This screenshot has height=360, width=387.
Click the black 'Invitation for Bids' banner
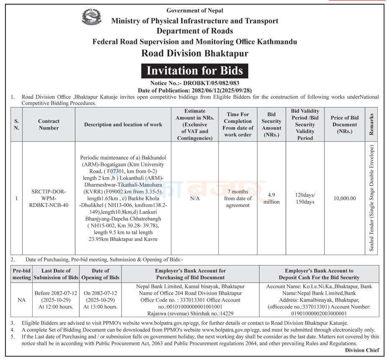click(194, 71)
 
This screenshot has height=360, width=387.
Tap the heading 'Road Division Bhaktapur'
click(195, 54)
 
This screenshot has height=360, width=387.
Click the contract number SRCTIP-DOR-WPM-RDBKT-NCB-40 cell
click(48, 199)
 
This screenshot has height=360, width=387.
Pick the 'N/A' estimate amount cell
click(195, 199)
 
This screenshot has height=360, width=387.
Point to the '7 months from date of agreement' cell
click(238, 199)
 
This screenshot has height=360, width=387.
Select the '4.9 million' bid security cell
click(272, 199)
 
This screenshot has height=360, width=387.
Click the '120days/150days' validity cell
click(305, 199)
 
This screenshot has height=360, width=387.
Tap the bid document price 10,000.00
click(345, 199)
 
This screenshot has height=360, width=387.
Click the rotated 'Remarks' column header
click(372, 125)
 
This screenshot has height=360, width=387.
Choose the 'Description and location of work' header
click(123, 125)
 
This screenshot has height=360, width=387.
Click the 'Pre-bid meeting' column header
click(21, 274)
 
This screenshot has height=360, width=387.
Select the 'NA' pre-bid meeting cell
click(21, 300)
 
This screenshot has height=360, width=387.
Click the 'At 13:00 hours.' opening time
click(100, 307)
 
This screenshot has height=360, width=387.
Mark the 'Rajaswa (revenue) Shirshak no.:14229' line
click(190, 313)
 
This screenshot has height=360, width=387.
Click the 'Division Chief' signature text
click(362, 350)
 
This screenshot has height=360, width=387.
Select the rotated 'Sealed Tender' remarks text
click(372, 198)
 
